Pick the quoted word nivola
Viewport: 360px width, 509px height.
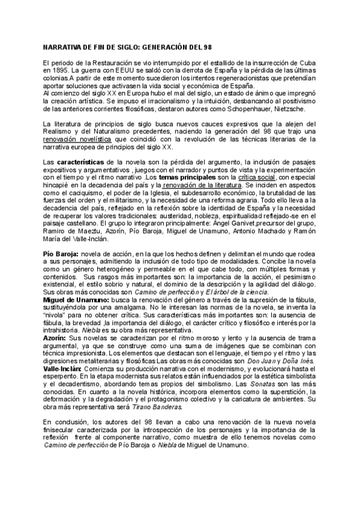56,316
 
